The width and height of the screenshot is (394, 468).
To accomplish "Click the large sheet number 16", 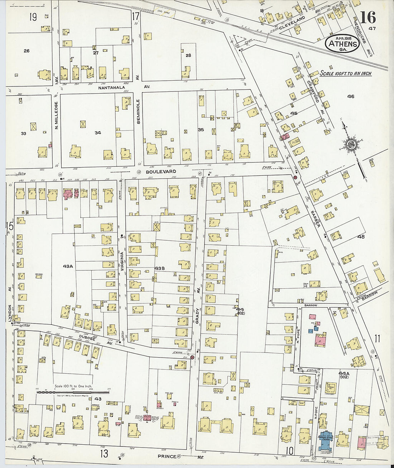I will click(368, 17).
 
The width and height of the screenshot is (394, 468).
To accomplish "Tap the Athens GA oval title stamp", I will click(342, 44).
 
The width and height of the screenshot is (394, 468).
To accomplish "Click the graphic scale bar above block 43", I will click(73, 392).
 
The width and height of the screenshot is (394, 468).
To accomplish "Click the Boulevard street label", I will click(161, 172).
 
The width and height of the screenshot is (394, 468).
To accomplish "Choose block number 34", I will click(98, 133).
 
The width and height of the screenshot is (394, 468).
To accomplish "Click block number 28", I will click(188, 56).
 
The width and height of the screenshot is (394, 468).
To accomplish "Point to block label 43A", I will click(68, 266).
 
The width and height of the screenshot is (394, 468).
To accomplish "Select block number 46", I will click(351, 96).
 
